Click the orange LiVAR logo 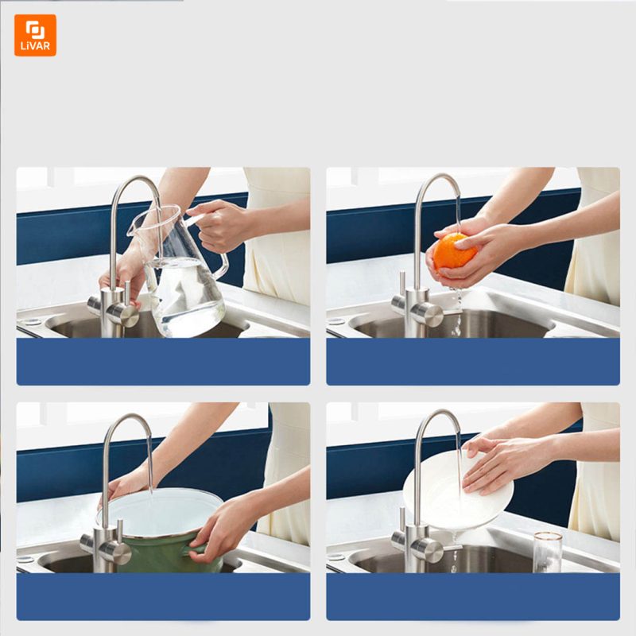pyautogui.click(x=35, y=35)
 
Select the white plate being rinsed pyautogui.click(x=458, y=491)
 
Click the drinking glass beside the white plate pyautogui.click(x=548, y=553)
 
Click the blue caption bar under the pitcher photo pyautogui.click(x=163, y=362)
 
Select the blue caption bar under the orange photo pyautogui.click(x=473, y=362)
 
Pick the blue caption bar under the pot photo pyautogui.click(x=163, y=597)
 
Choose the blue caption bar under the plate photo pyautogui.click(x=473, y=597)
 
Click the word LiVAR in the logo pyautogui.click(x=35, y=46)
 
